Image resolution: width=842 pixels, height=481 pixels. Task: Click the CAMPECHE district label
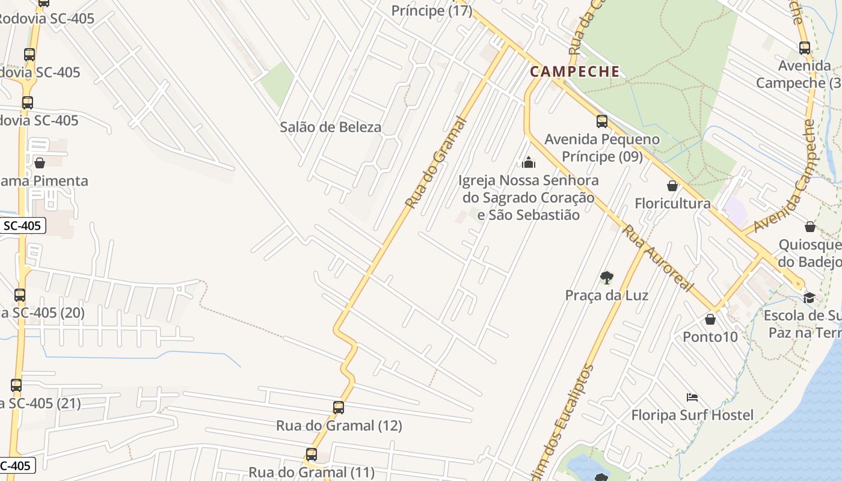pos(574,72)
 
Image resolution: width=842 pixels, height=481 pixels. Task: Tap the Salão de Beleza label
pos(330,127)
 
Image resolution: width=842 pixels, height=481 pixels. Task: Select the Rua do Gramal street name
pos(436,162)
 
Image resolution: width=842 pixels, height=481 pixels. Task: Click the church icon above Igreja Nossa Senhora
pos(529,162)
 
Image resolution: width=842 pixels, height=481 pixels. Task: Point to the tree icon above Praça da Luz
pos(606,278)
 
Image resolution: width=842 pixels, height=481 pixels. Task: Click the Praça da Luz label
pos(606,295)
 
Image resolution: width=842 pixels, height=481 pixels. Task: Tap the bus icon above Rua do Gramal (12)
pos(339,408)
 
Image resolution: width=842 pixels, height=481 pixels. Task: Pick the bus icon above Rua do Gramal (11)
pos(311,455)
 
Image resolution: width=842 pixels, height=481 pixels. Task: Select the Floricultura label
pos(672,203)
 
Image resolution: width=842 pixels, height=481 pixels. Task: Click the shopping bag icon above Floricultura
pos(672,186)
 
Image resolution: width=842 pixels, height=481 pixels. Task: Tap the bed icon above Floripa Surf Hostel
pos(692,397)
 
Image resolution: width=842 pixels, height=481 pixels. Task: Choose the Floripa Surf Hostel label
pos(692,415)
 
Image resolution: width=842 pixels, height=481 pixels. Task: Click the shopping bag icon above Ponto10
pos(710,319)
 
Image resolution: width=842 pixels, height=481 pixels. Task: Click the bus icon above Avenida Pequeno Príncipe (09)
pos(602,121)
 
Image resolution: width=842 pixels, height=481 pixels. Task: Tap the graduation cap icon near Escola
pos(809,298)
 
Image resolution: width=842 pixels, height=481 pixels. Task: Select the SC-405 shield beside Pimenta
pos(22,226)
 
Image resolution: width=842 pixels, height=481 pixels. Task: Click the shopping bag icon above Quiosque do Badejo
pos(810,227)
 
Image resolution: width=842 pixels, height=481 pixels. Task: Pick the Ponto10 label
pos(710,337)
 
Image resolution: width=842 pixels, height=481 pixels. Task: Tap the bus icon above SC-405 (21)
pos(16,385)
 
